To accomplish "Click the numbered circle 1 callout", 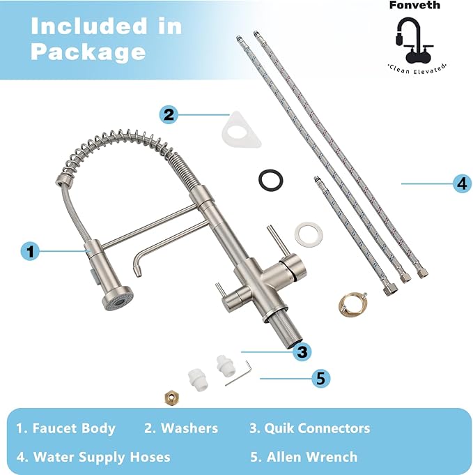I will tap(29, 250).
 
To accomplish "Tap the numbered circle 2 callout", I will tap(169, 114).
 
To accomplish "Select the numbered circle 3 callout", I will tap(301, 351).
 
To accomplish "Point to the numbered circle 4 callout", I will tap(461, 183).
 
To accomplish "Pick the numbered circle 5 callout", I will tap(320, 378).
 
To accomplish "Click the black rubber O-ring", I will tap(270, 179).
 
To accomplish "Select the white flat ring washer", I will tap(306, 234).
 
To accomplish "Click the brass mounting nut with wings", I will tap(352, 301).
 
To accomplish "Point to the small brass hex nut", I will tap(169, 398).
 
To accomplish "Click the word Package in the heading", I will tap(88, 51).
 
